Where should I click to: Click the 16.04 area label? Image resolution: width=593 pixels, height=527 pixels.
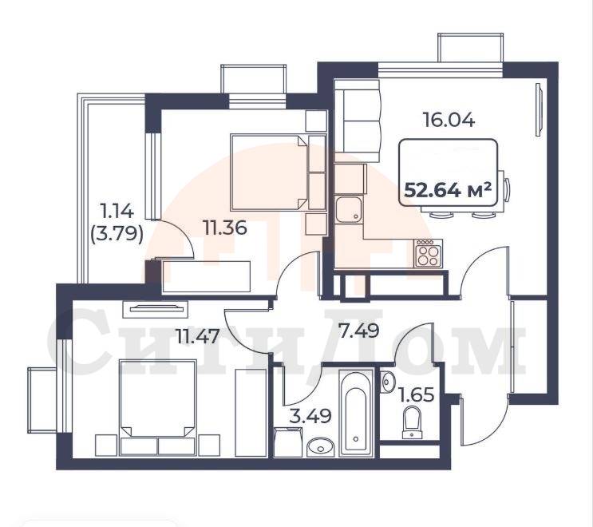point(449,121)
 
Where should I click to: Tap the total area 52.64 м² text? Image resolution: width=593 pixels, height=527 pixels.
point(448,190)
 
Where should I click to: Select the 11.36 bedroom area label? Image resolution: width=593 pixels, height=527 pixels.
point(224,228)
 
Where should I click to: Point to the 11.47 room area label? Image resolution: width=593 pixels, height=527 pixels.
point(198,336)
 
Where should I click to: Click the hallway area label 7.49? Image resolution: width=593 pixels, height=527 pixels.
point(358,331)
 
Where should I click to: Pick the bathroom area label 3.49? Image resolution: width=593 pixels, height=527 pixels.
point(310,416)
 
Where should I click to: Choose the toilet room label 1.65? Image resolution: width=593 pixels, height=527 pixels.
point(417,395)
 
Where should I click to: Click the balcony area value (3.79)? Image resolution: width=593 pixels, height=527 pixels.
point(117,235)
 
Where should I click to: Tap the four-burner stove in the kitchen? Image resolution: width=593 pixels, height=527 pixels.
point(429,253)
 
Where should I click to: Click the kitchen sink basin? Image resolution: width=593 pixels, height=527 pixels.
point(349,209)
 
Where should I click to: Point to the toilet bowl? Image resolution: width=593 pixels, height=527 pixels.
point(412,422)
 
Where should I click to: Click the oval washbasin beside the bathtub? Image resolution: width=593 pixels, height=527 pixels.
point(321,447)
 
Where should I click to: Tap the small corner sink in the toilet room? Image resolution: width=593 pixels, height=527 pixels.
point(388,381)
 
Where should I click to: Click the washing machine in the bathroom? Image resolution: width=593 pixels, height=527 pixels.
point(288,442)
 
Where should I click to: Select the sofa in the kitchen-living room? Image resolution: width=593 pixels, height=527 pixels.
point(358,121)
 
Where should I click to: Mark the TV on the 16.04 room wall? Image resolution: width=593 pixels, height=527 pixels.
point(540,109)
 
